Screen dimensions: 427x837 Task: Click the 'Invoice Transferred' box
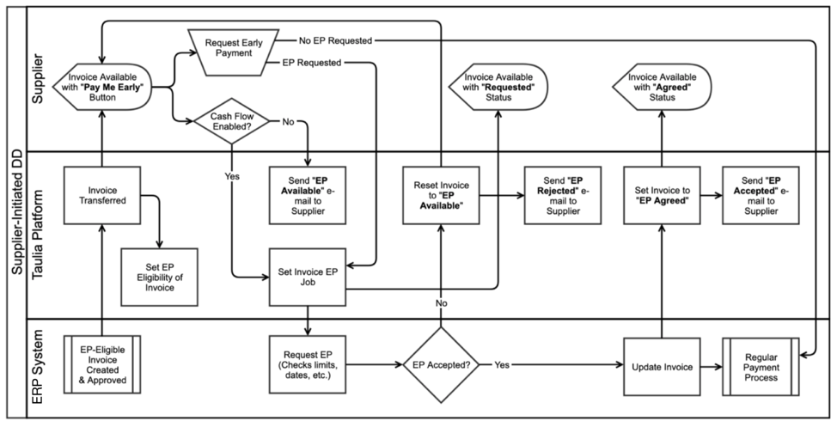click(102, 195)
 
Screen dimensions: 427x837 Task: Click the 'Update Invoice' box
click(661, 364)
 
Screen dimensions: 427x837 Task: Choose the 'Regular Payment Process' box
click(761, 364)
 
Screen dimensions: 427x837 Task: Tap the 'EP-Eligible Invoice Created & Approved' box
click(102, 365)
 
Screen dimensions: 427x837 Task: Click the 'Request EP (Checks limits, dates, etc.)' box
click(308, 364)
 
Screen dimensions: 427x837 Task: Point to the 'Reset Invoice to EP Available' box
click(441, 195)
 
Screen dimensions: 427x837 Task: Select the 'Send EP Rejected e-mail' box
click(562, 195)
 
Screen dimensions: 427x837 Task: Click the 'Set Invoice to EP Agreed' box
click(661, 195)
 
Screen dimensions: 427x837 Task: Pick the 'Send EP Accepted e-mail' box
click(761, 195)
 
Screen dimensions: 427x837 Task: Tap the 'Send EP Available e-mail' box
click(308, 195)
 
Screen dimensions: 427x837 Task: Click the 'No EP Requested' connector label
click(335, 40)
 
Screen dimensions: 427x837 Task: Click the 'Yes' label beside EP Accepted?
click(502, 364)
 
